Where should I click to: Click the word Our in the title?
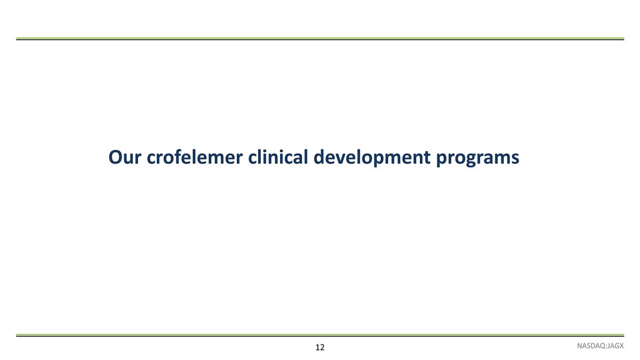[124, 157]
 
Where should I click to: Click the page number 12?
[319, 348]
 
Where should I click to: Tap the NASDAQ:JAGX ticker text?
[600, 347]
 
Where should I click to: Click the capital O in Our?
[115, 157]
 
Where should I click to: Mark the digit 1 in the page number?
[317, 348]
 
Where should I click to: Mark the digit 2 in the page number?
[322, 348]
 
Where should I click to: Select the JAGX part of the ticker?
[615, 347]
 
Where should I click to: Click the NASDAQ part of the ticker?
[590, 347]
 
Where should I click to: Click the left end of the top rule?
[18, 39]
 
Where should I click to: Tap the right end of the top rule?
[622, 39]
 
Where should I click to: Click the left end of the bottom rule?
[18, 335]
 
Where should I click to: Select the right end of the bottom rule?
[622, 335]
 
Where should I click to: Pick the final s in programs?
[515, 158]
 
